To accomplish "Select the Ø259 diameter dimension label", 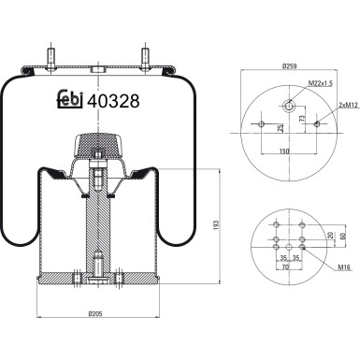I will tap(288, 67).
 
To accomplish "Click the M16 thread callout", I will tap(344, 267).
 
